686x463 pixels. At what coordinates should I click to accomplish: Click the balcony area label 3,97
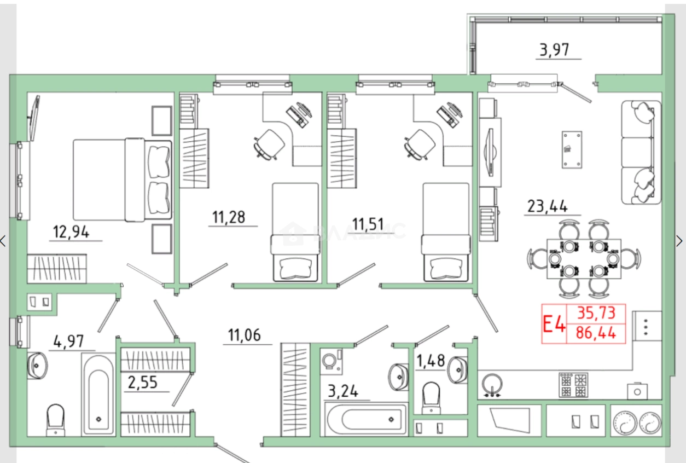click(x=554, y=50)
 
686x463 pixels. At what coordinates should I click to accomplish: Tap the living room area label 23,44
click(x=548, y=206)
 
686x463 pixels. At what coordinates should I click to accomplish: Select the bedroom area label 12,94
click(x=71, y=231)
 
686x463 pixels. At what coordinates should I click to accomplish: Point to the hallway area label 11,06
click(x=245, y=335)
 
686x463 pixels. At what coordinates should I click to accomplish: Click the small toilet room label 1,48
click(x=431, y=361)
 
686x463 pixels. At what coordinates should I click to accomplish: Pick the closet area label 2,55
click(x=143, y=383)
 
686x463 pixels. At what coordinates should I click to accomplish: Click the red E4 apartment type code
click(x=554, y=324)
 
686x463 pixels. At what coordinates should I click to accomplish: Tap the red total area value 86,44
click(x=596, y=333)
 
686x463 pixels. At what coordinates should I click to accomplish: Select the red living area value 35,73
click(x=596, y=313)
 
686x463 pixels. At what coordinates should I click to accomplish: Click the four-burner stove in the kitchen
click(x=573, y=385)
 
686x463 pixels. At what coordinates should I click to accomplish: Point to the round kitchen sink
click(x=492, y=385)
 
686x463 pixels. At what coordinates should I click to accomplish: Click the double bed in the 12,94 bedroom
click(x=123, y=180)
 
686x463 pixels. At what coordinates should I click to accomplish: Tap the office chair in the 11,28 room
click(x=269, y=144)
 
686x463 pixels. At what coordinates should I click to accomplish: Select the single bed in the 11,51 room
click(x=446, y=232)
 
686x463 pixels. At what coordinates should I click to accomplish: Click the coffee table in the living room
click(x=572, y=150)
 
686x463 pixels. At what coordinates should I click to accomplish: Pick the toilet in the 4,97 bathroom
click(x=55, y=420)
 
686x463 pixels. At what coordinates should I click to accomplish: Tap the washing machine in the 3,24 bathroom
click(x=332, y=362)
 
